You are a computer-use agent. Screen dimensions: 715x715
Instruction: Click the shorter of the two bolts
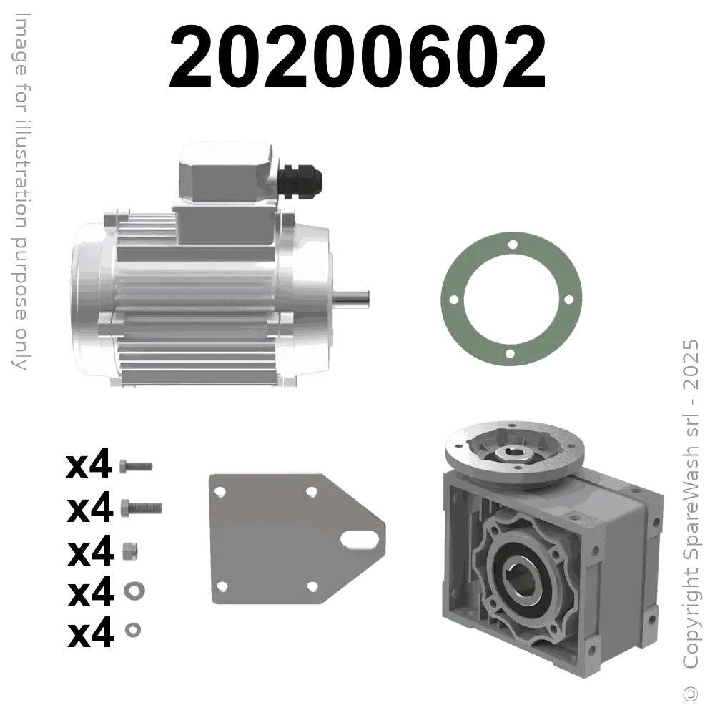(133, 465)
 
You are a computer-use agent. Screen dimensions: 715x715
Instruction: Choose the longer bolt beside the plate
(142, 507)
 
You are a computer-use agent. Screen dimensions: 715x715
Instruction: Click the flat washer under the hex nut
(132, 591)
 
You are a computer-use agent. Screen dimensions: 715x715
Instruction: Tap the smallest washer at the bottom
(132, 629)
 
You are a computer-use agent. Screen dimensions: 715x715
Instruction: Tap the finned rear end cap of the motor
(89, 300)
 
